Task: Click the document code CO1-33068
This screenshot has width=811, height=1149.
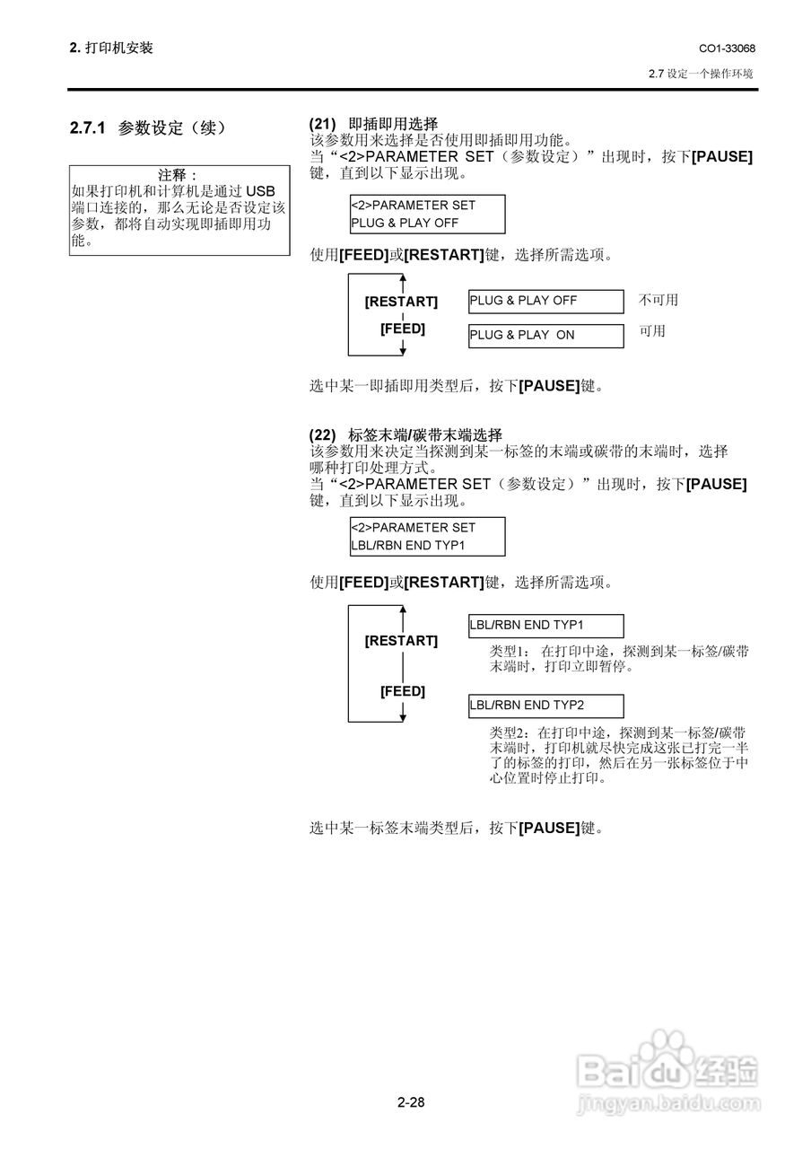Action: pyautogui.click(x=726, y=48)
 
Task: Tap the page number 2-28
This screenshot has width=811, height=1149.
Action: pyautogui.click(x=411, y=1102)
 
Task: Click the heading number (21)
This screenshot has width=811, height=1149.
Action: pyautogui.click(x=322, y=124)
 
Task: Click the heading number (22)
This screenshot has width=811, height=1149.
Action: pyautogui.click(x=322, y=434)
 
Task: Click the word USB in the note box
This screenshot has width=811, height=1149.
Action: pyautogui.click(x=261, y=191)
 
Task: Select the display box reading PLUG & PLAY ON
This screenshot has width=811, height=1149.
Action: pyautogui.click(x=545, y=336)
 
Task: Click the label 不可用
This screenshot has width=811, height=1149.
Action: pyautogui.click(x=658, y=301)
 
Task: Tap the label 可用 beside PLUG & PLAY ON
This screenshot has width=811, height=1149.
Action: pyautogui.click(x=651, y=331)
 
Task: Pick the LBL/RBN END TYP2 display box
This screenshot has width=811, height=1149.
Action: pyautogui.click(x=545, y=706)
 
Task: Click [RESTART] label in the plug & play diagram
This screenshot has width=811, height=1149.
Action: pyautogui.click(x=401, y=302)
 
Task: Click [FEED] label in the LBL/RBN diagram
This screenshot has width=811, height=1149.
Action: pyautogui.click(x=402, y=691)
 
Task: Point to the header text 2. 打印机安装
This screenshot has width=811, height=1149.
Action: pyautogui.click(x=111, y=48)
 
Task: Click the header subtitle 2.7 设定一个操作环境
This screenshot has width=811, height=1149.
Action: pyautogui.click(x=701, y=74)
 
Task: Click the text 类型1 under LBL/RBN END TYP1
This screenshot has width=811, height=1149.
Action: pyautogui.click(x=510, y=651)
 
